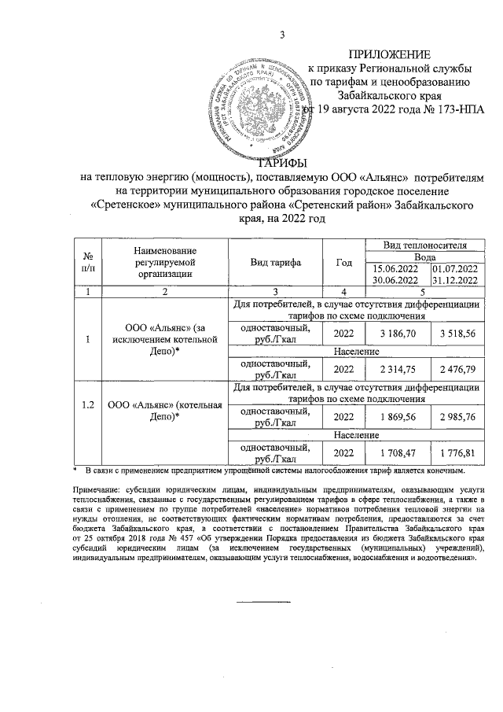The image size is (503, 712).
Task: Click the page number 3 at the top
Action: (x=281, y=32)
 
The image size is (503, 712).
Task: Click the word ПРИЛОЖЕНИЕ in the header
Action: (x=391, y=54)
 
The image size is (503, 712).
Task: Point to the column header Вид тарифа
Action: (x=276, y=262)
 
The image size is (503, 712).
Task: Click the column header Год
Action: (x=343, y=262)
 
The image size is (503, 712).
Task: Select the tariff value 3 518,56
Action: (x=459, y=334)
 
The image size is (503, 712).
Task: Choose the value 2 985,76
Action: (x=459, y=417)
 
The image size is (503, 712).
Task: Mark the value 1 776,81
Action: (x=459, y=453)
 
